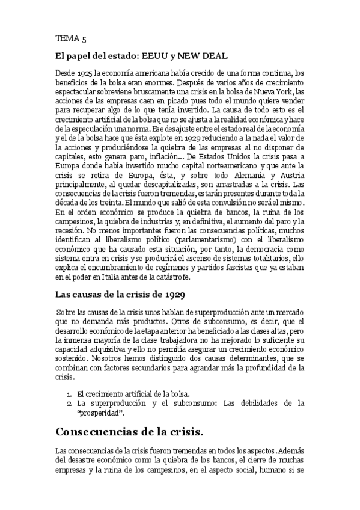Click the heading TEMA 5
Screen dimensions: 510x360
(x=70, y=39)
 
